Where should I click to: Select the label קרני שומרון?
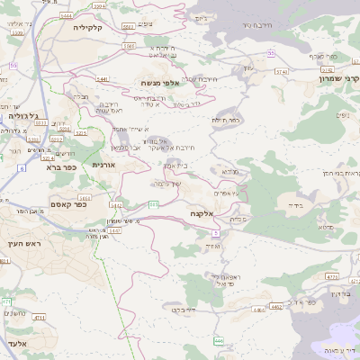(337, 78)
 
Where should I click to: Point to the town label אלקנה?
(201, 213)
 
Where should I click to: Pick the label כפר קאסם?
(68, 204)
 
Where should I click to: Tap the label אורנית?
(106, 166)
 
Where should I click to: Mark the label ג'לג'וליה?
(22, 116)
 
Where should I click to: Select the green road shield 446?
(218, 340)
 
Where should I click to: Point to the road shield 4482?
(275, 307)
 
